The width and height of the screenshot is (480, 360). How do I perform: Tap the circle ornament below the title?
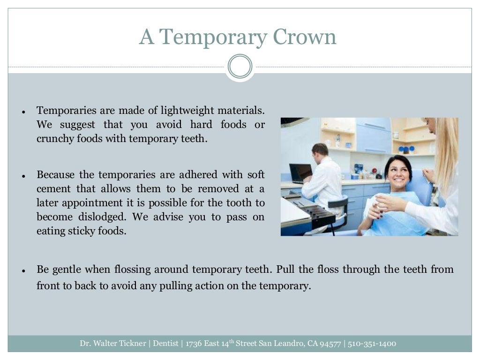240,67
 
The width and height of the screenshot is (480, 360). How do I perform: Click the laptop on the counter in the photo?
300,172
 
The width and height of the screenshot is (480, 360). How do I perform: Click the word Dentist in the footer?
167,344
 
